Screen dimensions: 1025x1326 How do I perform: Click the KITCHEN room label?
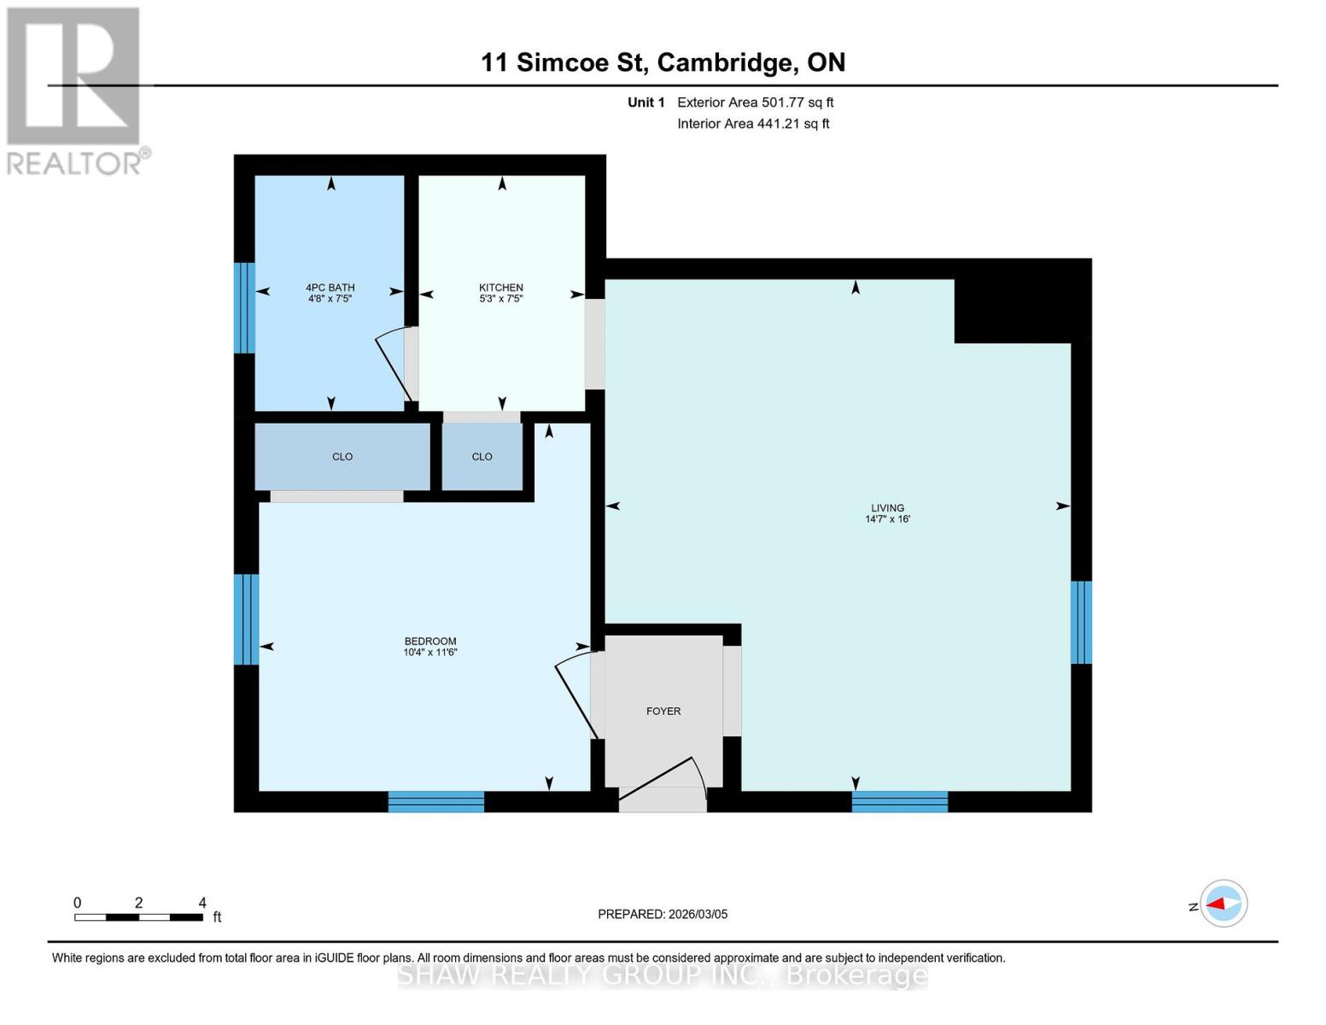tap(501, 288)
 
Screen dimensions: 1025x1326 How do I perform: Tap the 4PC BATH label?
tap(330, 288)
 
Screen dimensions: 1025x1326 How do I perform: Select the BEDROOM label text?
tap(430, 641)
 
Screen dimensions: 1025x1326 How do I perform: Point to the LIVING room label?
tap(887, 508)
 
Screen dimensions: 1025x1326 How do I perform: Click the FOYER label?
tap(663, 711)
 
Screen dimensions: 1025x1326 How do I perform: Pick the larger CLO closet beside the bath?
tap(342, 457)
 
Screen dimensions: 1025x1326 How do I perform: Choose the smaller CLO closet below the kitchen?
tap(482, 457)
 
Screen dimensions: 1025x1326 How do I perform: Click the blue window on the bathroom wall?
tap(244, 307)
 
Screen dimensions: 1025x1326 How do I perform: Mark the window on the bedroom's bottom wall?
tap(436, 801)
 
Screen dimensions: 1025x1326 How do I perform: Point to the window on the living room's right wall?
tap(1081, 622)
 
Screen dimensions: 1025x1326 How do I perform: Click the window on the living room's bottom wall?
tap(900, 801)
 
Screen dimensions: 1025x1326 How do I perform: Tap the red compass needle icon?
tap(1224, 904)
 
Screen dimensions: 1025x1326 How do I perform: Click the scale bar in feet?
tap(138, 917)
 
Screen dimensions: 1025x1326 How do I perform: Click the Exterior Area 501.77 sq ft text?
tap(755, 102)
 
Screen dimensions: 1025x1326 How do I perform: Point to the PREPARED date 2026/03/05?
tap(663, 914)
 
